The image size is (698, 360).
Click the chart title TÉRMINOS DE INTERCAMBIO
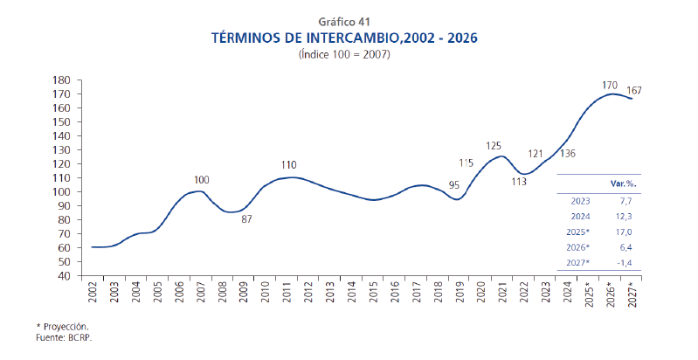point(345,38)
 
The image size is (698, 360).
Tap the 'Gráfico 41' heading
point(345,21)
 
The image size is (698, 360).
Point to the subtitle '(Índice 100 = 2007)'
point(345,54)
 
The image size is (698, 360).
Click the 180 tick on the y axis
point(61,80)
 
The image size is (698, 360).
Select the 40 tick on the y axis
point(65,275)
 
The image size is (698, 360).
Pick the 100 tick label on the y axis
point(61,177)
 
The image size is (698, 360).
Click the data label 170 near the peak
point(610,85)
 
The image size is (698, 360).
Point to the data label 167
point(634,91)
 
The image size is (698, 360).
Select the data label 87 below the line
point(246,218)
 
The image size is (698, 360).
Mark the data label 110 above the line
point(289,164)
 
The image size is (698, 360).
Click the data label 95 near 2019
point(454,185)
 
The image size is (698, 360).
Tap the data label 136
point(566,154)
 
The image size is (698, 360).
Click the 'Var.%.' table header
point(622,184)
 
